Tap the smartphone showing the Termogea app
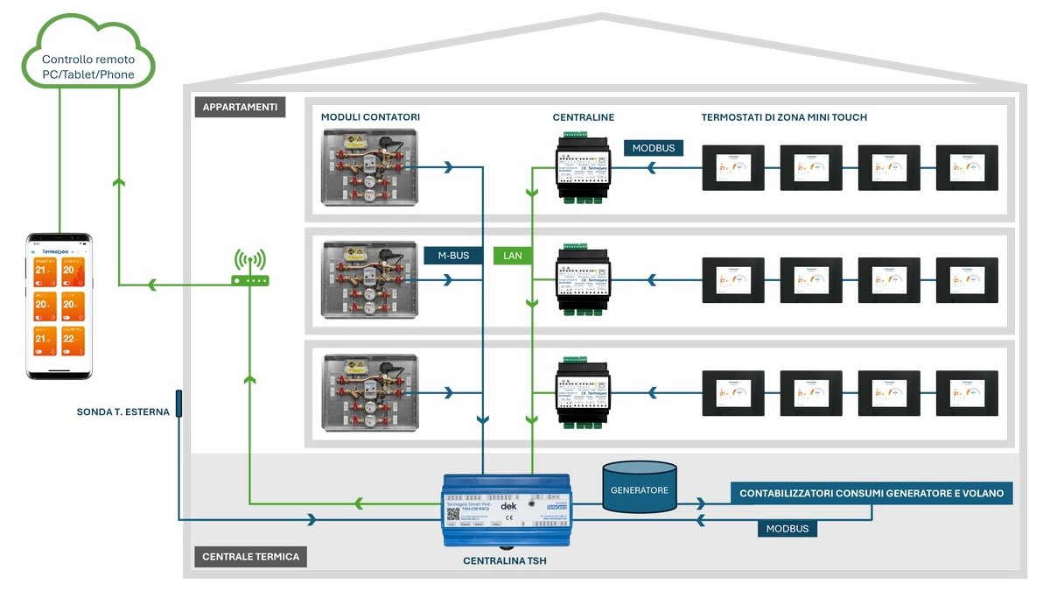59,306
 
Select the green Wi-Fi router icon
250,270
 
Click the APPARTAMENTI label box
240,108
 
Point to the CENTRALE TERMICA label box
250,556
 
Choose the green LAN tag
512,256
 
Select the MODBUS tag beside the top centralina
654,148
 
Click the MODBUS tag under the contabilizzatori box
787,529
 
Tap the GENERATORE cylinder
640,489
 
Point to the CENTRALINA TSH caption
505,560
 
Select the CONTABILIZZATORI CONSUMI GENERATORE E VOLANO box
871,493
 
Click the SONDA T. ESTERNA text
122,412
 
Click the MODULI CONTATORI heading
370,117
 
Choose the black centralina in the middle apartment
584,279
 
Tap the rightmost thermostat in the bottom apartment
966,393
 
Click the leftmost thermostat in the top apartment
733,167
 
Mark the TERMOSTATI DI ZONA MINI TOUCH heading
784,117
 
